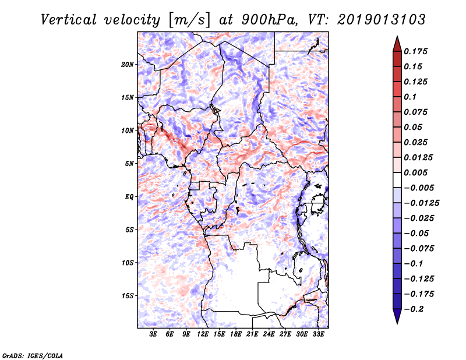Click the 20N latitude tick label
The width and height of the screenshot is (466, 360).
(x=128, y=64)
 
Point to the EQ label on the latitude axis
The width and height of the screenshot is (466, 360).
(x=129, y=197)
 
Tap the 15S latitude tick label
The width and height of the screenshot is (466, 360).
(x=128, y=296)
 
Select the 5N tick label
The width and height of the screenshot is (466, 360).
(x=129, y=164)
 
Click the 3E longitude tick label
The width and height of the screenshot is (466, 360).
(x=153, y=334)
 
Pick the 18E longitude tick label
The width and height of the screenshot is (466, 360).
(x=236, y=334)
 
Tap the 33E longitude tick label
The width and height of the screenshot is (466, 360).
(x=318, y=334)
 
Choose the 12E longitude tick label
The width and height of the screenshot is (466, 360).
(x=203, y=334)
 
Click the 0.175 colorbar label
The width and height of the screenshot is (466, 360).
(x=415, y=51)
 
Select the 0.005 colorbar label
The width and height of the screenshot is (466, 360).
(x=415, y=172)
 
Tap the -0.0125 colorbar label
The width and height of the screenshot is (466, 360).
(x=421, y=203)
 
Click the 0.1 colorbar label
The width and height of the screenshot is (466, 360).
(x=410, y=97)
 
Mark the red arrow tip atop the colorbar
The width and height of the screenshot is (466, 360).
(x=397, y=36)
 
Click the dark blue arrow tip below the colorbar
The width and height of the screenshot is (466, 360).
(x=397, y=323)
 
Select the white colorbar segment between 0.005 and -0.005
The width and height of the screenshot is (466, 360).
(x=397, y=180)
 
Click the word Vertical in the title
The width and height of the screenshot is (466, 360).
(x=69, y=20)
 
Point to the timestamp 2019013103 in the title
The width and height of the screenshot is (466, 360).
(x=382, y=20)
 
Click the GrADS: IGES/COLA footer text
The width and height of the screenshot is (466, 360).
(x=33, y=355)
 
